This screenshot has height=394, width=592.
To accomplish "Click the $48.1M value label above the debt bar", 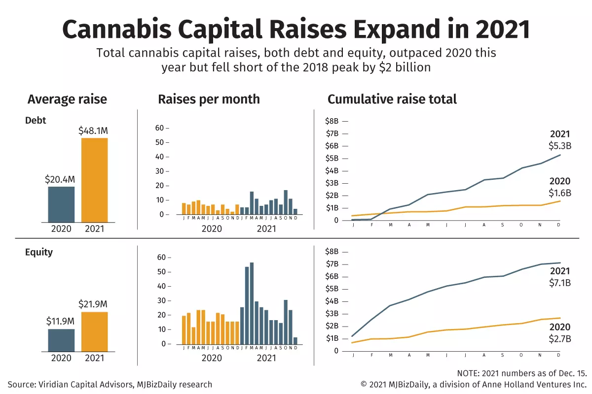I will point(93,131).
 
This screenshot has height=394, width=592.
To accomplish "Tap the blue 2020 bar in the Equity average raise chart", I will point(61,340).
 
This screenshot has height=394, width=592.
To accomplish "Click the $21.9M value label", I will point(93,304).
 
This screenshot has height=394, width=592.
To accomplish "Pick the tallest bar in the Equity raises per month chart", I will point(252,303).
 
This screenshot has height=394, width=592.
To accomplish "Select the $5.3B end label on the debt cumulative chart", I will point(559,146).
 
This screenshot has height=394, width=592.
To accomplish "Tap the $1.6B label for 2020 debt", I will point(559,194).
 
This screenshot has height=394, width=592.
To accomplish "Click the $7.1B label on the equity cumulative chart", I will point(559,283).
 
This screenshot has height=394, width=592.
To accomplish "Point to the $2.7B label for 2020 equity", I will point(559,339).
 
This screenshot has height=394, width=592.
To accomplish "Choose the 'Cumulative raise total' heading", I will point(392,99).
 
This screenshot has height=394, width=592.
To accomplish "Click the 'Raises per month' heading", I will point(209,99).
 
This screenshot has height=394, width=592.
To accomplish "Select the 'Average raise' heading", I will point(67,99).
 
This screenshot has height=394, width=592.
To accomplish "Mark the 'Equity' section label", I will point(39,252).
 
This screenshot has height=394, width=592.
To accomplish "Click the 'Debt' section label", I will point(36,120).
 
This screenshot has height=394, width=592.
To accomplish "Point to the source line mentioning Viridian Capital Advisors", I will point(110,385).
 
